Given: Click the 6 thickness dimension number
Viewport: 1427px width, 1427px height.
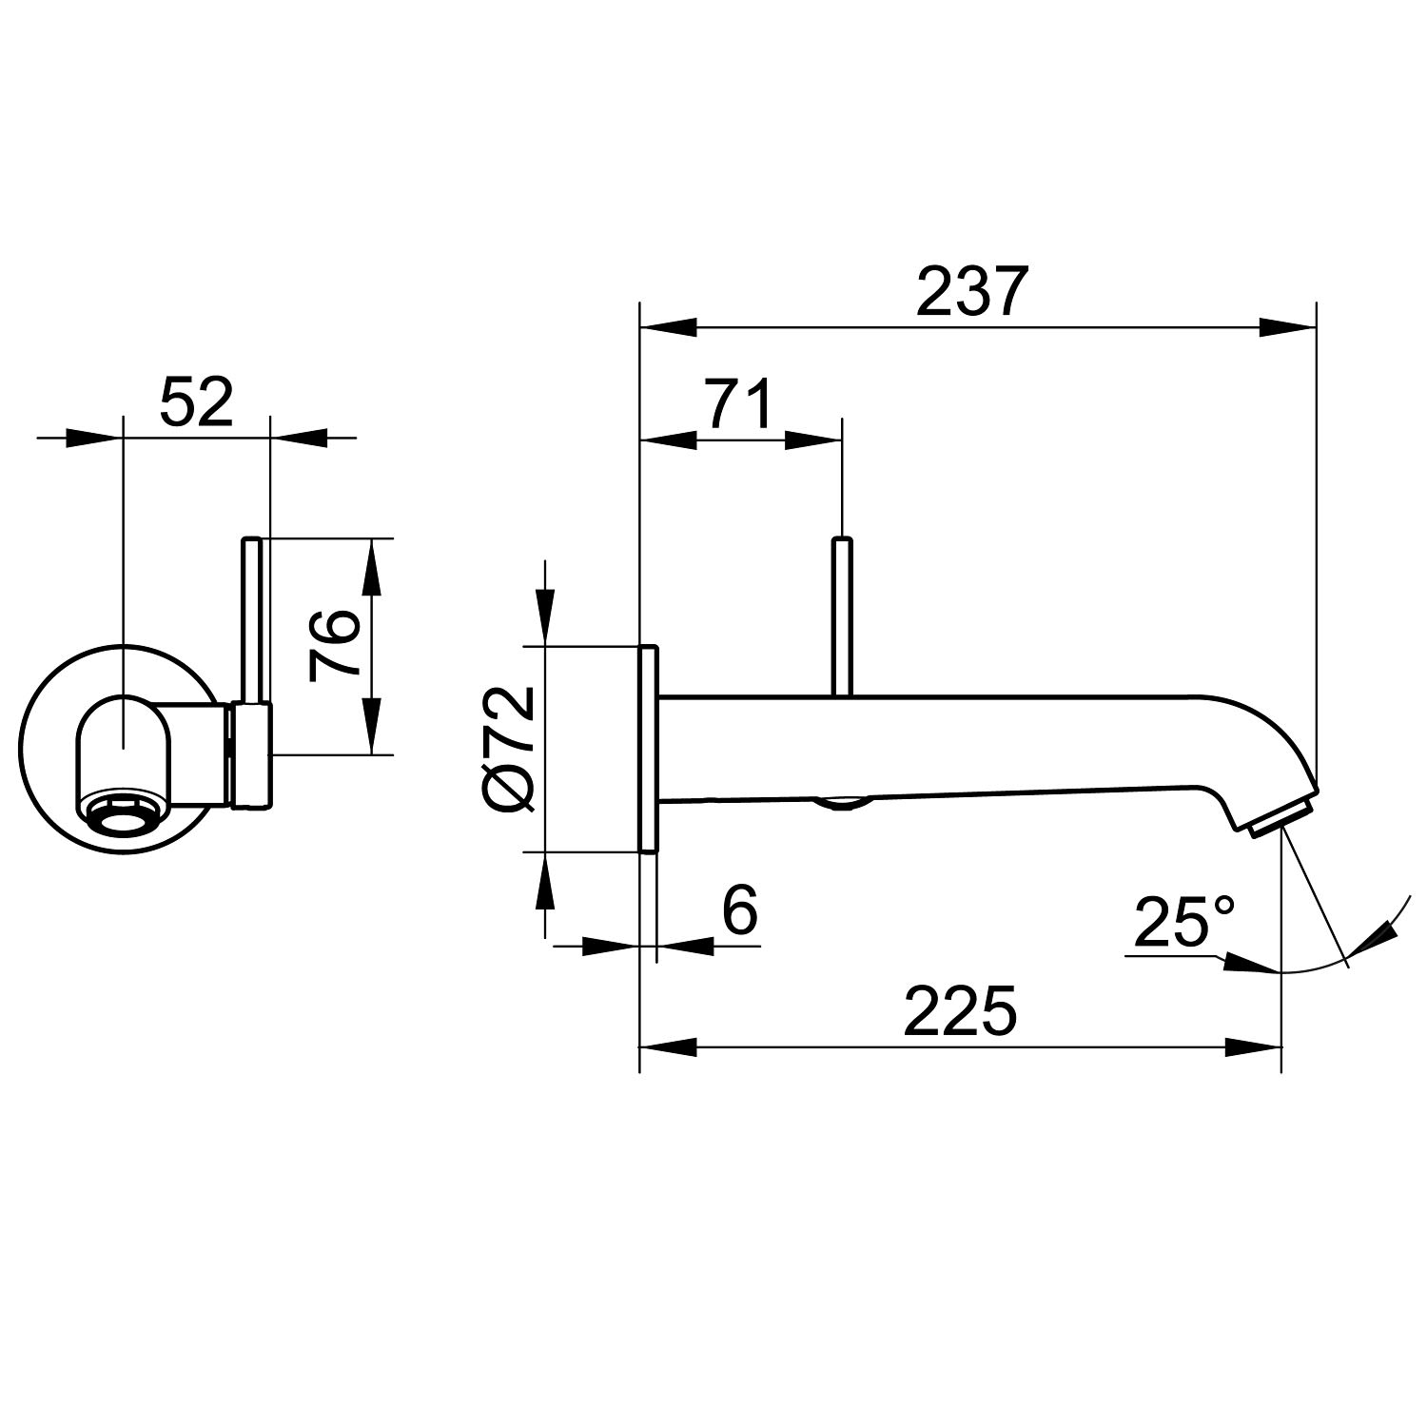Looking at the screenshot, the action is tap(739, 910).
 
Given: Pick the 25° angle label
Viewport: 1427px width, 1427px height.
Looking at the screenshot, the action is tap(1184, 922).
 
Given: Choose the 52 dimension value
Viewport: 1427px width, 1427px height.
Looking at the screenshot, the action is tap(196, 402).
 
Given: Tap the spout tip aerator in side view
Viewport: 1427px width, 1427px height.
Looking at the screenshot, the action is tap(1280, 817).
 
